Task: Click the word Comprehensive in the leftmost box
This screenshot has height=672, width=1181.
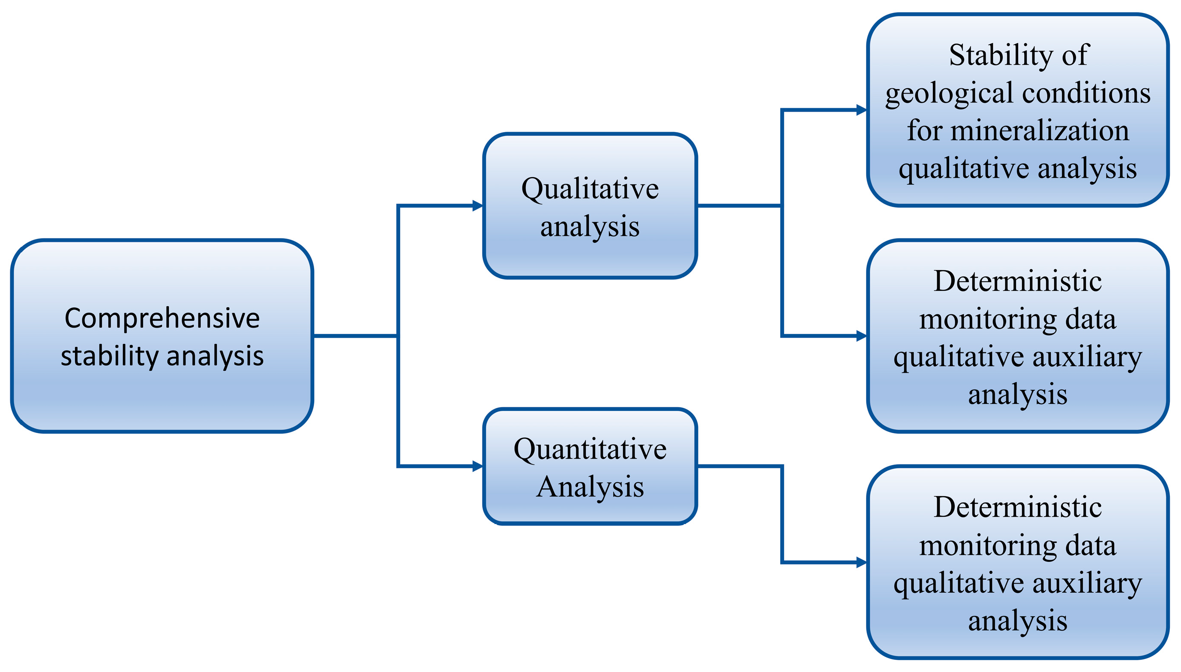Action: [162, 319]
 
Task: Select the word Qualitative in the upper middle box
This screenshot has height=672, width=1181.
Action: [590, 189]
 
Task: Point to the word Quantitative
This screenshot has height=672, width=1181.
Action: [590, 449]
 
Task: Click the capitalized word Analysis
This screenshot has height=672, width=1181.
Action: [590, 487]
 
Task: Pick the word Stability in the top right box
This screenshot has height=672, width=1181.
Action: [1000, 55]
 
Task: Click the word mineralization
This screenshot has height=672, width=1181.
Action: [1040, 131]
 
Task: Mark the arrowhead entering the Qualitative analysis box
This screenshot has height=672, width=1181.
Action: [477, 205]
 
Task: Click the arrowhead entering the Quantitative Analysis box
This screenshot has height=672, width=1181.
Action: [477, 466]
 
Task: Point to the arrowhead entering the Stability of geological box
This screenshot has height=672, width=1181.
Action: [861, 110]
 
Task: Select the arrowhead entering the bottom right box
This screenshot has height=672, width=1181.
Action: [861, 562]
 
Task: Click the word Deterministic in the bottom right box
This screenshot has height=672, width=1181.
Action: [1017, 508]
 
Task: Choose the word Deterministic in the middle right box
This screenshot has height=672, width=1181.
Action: [1017, 281]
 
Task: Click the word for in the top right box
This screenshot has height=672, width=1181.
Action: [924, 131]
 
